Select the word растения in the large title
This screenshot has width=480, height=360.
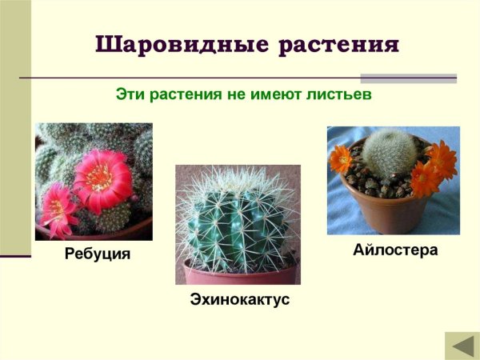pyautogui.click(x=339, y=45)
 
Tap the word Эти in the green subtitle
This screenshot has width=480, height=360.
pyautogui.click(x=130, y=94)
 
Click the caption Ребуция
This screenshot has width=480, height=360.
pyautogui.click(x=97, y=256)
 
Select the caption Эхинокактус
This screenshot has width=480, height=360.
pyautogui.click(x=239, y=301)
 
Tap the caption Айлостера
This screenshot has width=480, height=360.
pyautogui.click(x=395, y=250)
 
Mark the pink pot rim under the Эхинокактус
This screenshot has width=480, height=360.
pyautogui.click(x=238, y=271)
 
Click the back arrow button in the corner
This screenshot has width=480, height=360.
pyautogui.click(x=462, y=346)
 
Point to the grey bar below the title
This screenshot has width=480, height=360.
pyautogui.click(x=408, y=78)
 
